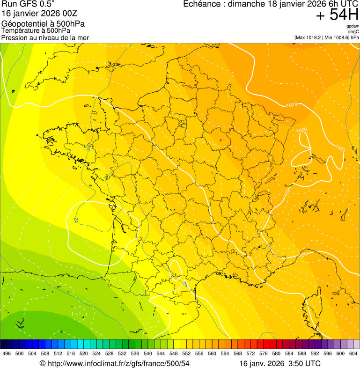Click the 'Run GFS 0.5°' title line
click(x=28, y=5)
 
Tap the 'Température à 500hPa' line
click(x=36, y=30)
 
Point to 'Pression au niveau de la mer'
click(x=45, y=37)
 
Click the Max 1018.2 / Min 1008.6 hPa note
click(x=326, y=37)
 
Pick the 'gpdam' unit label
click(x=353, y=26)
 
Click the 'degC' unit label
click(x=353, y=32)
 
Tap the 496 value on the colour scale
click(x=7, y=353)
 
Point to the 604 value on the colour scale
click(x=353, y=353)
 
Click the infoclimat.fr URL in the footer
click(x=115, y=363)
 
